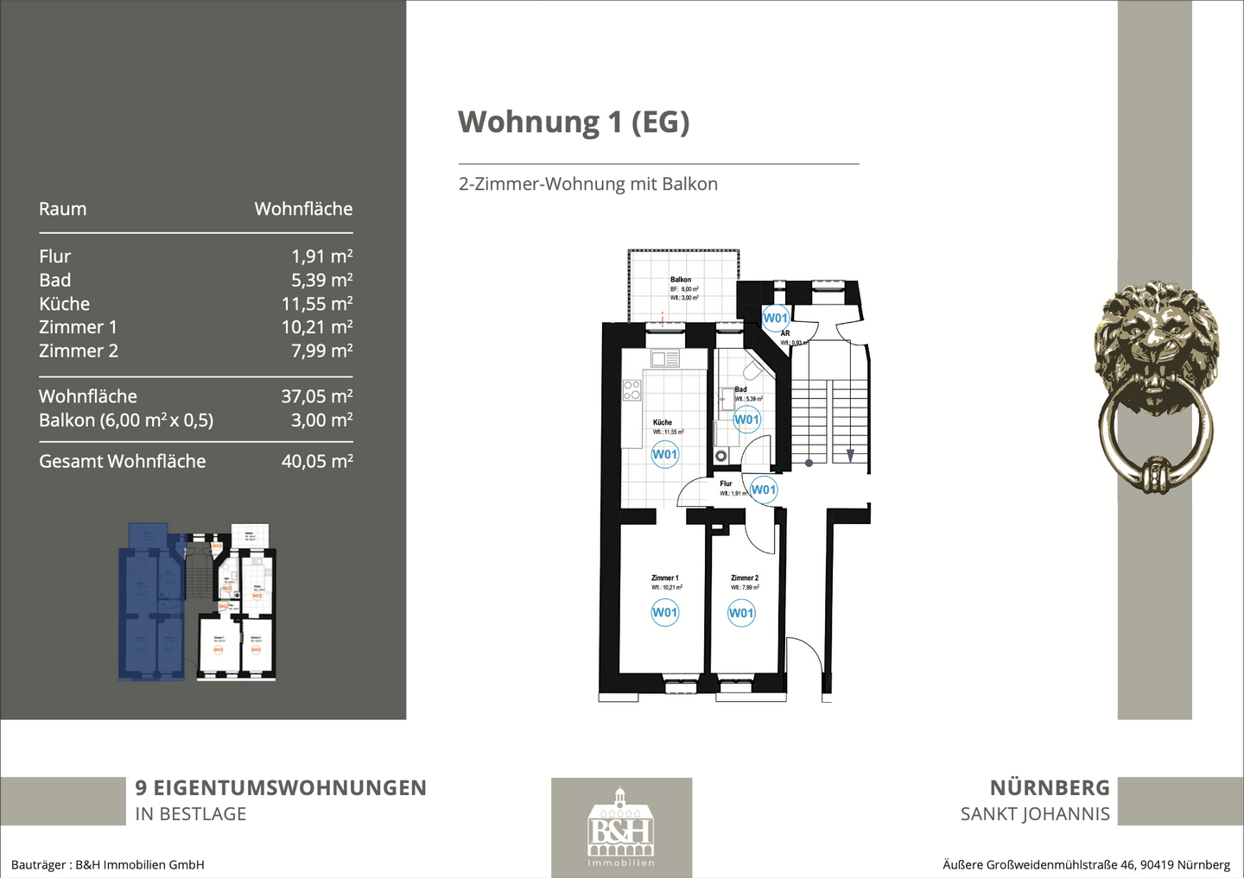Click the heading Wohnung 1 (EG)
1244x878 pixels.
(x=574, y=122)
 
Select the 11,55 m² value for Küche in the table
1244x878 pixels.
(x=316, y=304)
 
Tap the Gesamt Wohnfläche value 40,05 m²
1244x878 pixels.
(x=316, y=461)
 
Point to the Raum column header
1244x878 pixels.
(x=62, y=209)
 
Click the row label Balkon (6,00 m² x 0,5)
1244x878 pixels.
(x=126, y=420)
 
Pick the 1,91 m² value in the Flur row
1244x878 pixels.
(x=321, y=256)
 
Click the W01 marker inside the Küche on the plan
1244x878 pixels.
(x=664, y=454)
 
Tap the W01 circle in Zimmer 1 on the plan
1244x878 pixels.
(x=664, y=612)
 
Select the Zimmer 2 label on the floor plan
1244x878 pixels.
(x=744, y=578)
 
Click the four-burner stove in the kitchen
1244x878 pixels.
(x=632, y=390)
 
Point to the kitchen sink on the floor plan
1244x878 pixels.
(x=664, y=358)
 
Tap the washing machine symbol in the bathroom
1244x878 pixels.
(x=720, y=456)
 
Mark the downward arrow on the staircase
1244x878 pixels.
(x=850, y=455)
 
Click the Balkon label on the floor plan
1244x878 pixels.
(x=681, y=280)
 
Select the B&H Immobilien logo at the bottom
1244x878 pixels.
(x=621, y=827)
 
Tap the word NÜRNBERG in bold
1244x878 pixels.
(x=1050, y=787)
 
